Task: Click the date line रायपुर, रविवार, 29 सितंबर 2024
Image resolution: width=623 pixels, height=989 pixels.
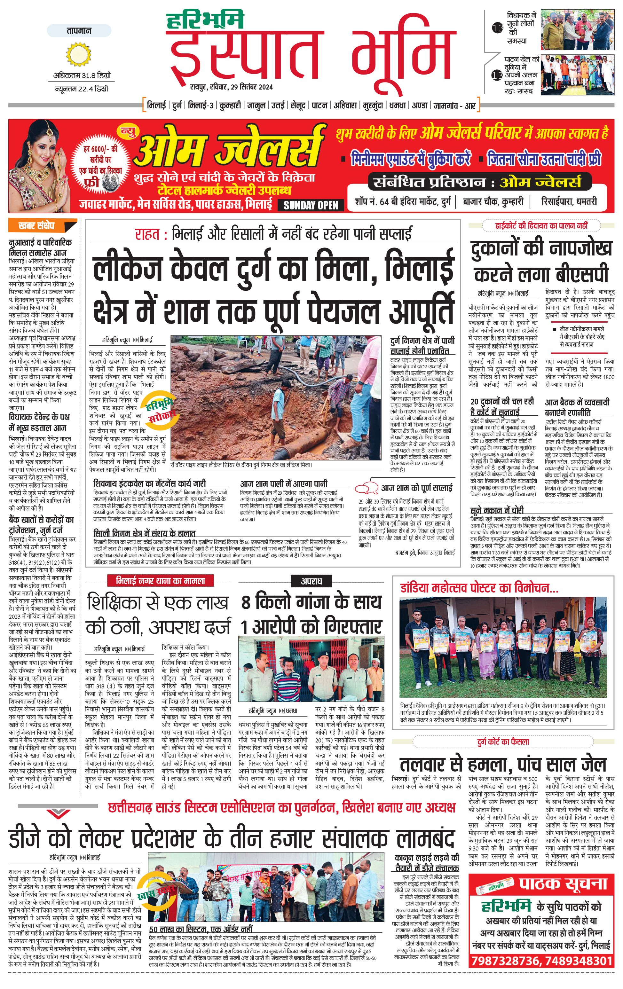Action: coord(231,87)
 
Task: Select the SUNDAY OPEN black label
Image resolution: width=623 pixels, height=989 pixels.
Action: coord(311,205)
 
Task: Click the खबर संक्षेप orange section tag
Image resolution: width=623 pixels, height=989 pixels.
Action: coord(42,225)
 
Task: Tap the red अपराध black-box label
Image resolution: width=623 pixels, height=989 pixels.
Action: coord(311,581)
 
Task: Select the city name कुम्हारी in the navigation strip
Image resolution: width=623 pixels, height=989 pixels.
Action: coord(230,106)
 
